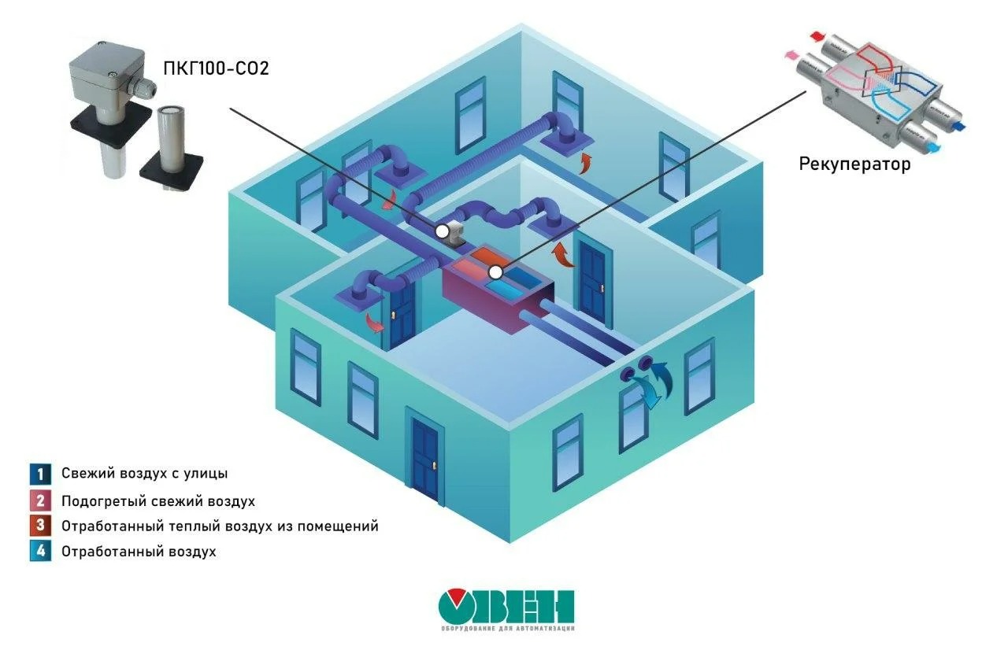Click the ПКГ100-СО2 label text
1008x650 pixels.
coord(215,68)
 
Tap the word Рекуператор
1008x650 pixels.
coord(854,164)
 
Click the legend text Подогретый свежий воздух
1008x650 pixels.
coord(157,500)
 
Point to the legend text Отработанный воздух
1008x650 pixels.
coord(138,552)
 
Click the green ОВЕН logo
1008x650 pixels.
coord(506,608)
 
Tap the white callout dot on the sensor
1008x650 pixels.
coord(443,231)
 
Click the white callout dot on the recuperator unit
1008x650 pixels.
coord(495,272)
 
